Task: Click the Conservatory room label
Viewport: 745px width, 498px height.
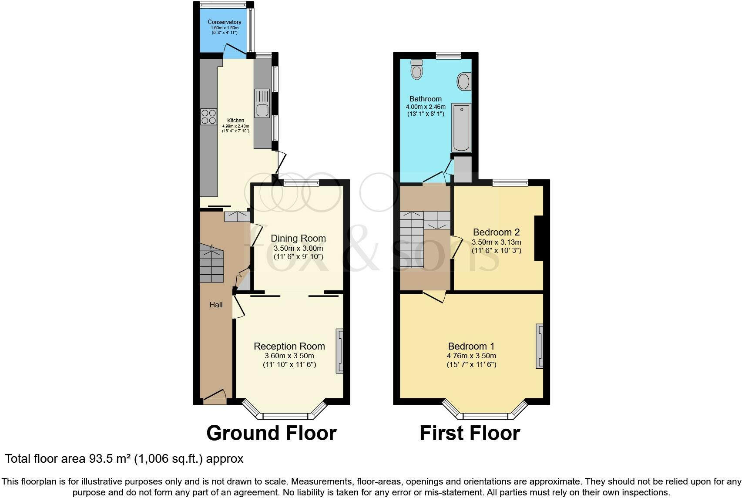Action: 224,22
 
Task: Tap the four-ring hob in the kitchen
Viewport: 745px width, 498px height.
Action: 208,117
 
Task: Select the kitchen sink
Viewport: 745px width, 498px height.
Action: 262,104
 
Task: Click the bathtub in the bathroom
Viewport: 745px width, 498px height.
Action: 461,127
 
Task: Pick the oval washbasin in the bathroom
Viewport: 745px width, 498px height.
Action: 464,81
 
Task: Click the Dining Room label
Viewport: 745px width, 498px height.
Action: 298,238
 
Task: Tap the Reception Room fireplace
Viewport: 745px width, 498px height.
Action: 339,351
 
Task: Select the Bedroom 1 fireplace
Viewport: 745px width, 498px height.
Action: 540,346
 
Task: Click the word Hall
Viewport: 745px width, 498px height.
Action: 216,305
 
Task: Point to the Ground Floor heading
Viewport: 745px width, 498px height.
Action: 271,433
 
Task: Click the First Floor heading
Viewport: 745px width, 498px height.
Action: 470,433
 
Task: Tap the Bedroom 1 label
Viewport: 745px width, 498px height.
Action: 471,346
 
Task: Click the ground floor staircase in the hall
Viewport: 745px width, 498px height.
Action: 212,263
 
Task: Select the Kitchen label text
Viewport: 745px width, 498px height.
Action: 235,121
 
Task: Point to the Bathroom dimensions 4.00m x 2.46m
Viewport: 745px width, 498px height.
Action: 425,107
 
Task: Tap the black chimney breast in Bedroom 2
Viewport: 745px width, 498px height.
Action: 539,238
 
